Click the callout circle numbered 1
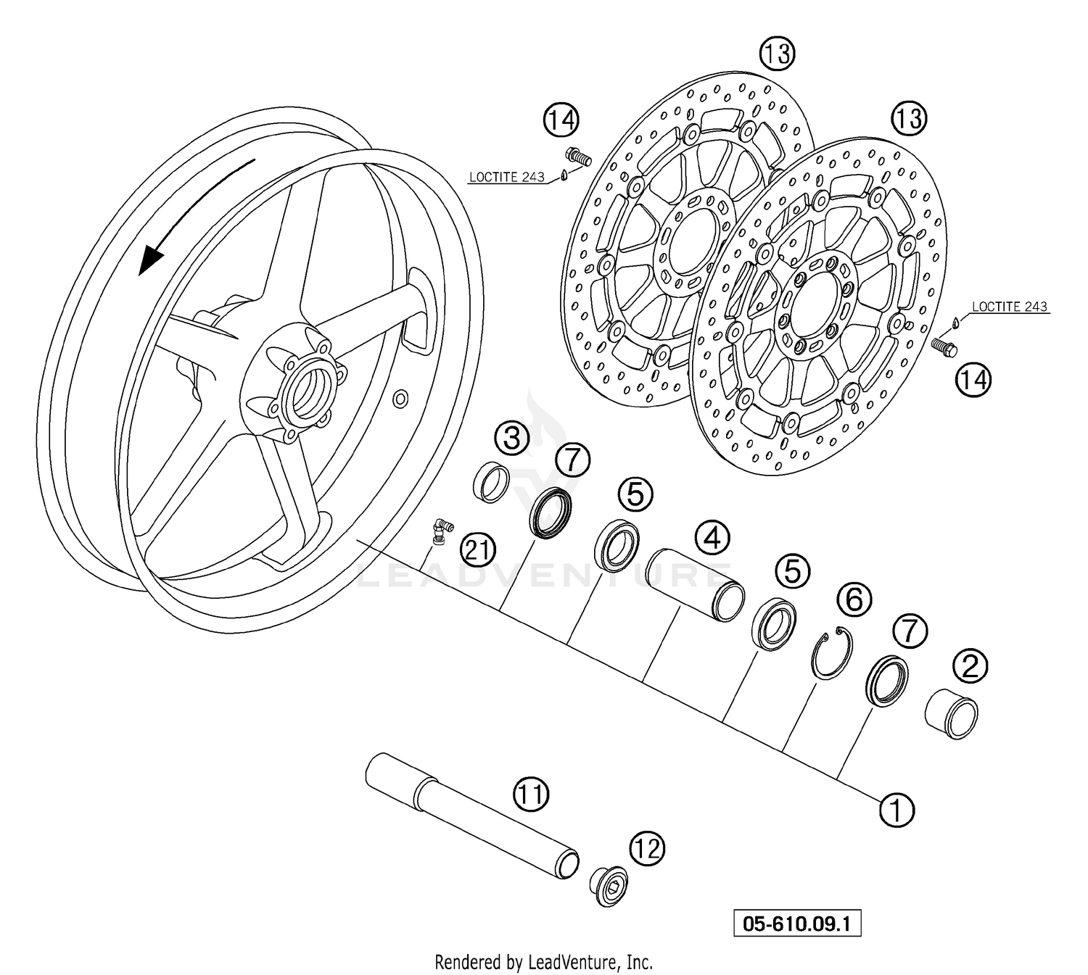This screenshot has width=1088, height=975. point(897,809)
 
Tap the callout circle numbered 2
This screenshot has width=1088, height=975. point(970,665)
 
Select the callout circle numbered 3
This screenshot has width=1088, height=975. point(512,439)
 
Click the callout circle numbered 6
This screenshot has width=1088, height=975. point(854,599)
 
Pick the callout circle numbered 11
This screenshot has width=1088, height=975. point(532,795)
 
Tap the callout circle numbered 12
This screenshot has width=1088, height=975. point(648,848)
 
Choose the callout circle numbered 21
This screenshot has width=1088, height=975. point(478,552)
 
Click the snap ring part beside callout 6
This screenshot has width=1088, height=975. point(831,654)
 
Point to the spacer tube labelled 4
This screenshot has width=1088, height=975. point(695,584)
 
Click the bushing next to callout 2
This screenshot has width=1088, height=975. point(952,714)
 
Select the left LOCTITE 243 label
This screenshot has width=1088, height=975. point(506,177)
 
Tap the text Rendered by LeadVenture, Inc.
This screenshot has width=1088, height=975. point(543,962)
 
